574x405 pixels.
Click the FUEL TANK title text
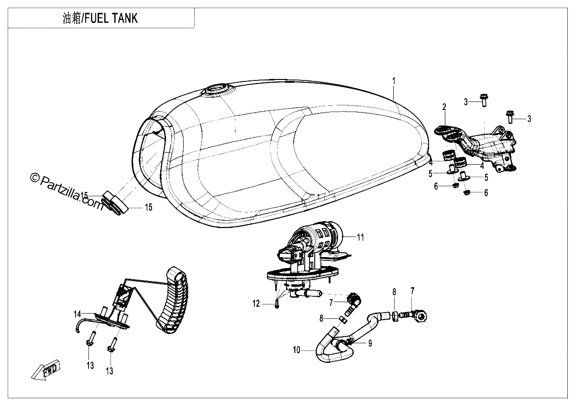[x=111, y=18]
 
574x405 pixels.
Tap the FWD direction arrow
[x=46, y=370]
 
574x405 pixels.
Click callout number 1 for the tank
[x=394, y=81]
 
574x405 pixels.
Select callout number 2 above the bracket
[x=444, y=107]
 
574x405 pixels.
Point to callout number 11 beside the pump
[x=361, y=237]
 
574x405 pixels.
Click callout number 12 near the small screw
[x=256, y=304]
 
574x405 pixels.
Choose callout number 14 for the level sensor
[x=77, y=314]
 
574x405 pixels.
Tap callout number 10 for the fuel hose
[x=297, y=350]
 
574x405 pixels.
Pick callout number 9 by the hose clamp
[x=370, y=343]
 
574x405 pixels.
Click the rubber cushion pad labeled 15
[x=116, y=202]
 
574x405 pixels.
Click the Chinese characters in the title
[x=72, y=19]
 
